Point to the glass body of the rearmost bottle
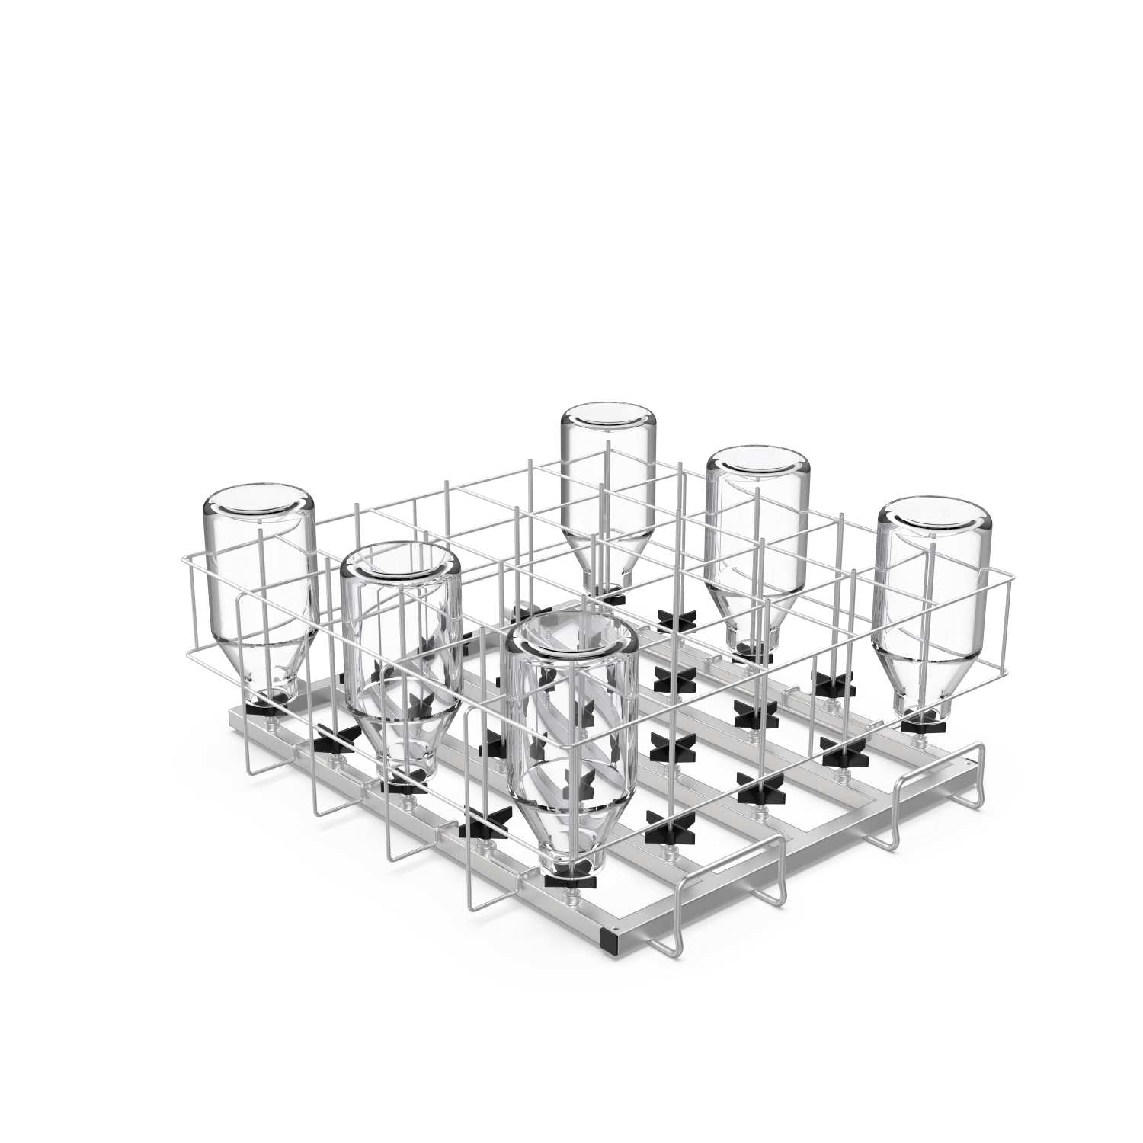(607, 488)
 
